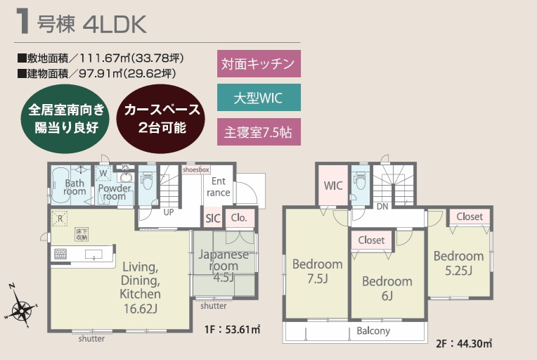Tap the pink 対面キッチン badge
coord(257,63)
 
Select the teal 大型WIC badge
coord(257,98)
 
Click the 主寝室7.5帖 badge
coord(257,131)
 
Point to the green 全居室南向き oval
coord(67,119)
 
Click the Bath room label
coord(75,186)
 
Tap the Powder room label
coord(114,192)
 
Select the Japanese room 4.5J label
coord(224,265)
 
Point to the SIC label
coord(213,218)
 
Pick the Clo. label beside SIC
coord(239,218)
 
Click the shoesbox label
coord(195,169)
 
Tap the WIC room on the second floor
coord(332,186)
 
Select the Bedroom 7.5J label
coord(317,271)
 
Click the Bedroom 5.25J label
coord(458,262)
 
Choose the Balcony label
coord(373,330)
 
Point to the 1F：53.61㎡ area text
coord(233,328)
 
